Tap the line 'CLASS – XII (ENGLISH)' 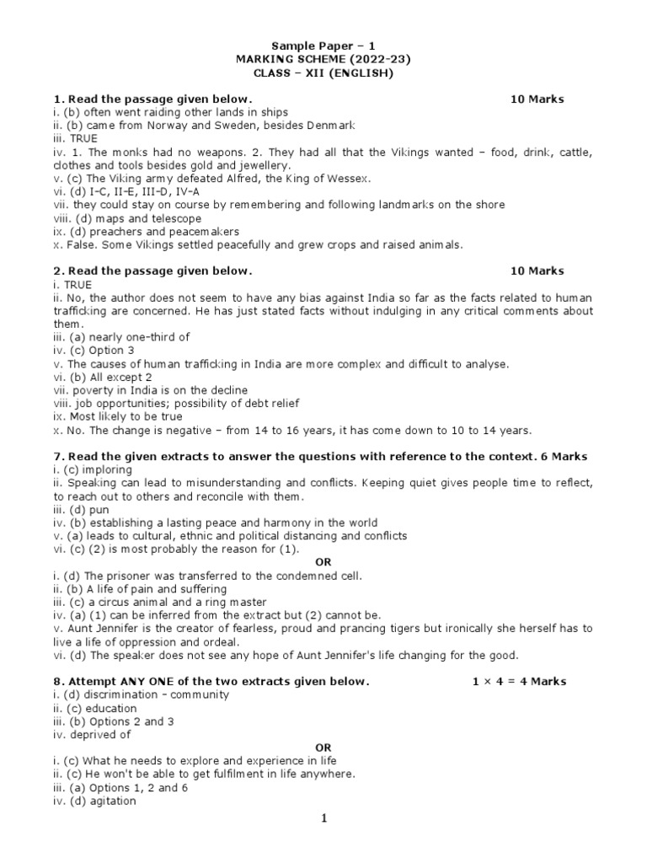click(x=323, y=72)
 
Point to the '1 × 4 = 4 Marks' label click(x=520, y=681)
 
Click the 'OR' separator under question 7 click(x=323, y=561)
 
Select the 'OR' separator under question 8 click(x=323, y=748)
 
